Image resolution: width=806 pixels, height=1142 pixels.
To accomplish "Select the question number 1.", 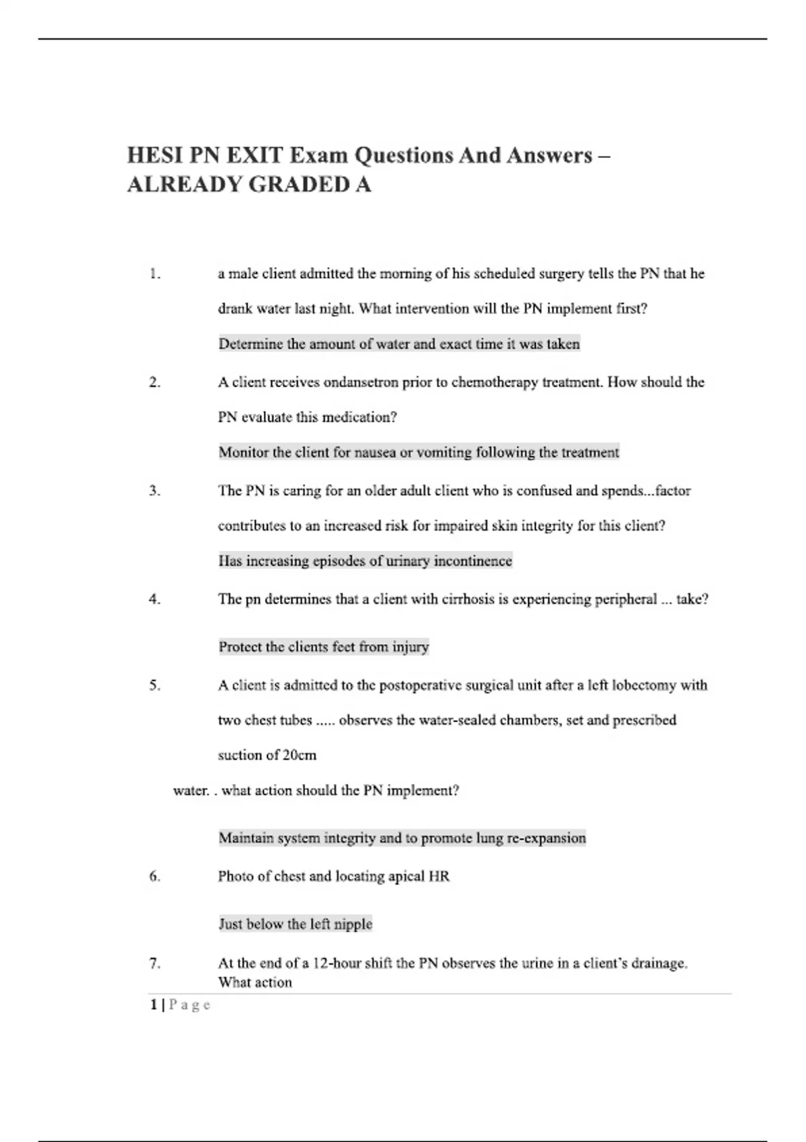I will [154, 274].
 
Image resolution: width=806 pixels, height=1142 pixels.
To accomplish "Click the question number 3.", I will [154, 491].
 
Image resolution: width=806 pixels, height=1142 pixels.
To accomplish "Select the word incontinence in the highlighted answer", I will [473, 561].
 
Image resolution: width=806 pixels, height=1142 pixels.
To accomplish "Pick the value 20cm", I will [300, 755].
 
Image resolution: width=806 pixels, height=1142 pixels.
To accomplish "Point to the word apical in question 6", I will [405, 877].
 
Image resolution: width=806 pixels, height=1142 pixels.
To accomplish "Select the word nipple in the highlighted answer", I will [353, 924].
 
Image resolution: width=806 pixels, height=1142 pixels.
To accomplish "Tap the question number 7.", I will [154, 963].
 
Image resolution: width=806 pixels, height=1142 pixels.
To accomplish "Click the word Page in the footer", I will [189, 1005].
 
